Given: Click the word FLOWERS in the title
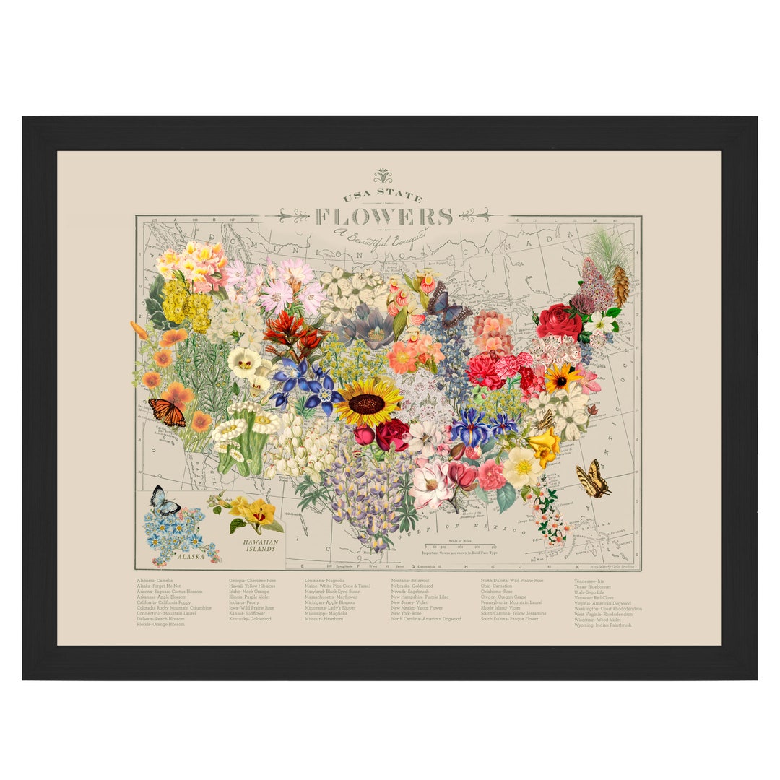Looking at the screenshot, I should click(x=383, y=216).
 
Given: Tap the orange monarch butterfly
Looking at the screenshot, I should click(x=167, y=412).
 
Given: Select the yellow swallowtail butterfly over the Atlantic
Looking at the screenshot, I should click(x=592, y=480).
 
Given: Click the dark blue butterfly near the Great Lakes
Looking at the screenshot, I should click(x=446, y=301).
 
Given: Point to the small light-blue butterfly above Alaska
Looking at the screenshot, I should click(x=165, y=500).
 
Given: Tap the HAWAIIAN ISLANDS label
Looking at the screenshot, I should click(x=259, y=545).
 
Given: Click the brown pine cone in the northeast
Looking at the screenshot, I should click(x=620, y=286).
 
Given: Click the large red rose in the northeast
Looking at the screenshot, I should click(x=559, y=322).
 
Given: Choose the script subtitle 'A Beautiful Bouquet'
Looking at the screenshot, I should click(x=380, y=235).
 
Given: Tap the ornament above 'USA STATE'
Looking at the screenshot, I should click(x=383, y=175).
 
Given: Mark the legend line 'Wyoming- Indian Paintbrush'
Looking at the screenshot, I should click(x=603, y=625).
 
